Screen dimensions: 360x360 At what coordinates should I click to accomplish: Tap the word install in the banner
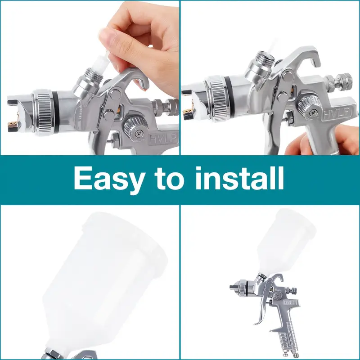click(239, 179)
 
